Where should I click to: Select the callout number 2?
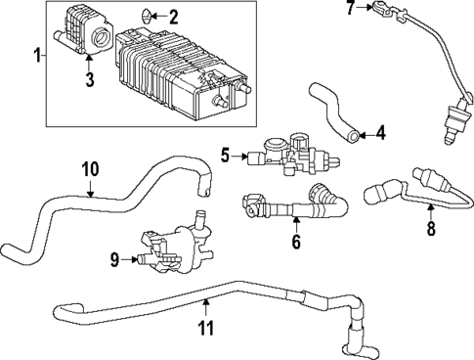(174, 17)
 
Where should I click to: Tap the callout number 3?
(89, 81)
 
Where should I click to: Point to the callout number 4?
(380, 131)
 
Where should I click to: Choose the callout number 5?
(224, 154)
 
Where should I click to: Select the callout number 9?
(114, 260)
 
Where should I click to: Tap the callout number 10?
(90, 168)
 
